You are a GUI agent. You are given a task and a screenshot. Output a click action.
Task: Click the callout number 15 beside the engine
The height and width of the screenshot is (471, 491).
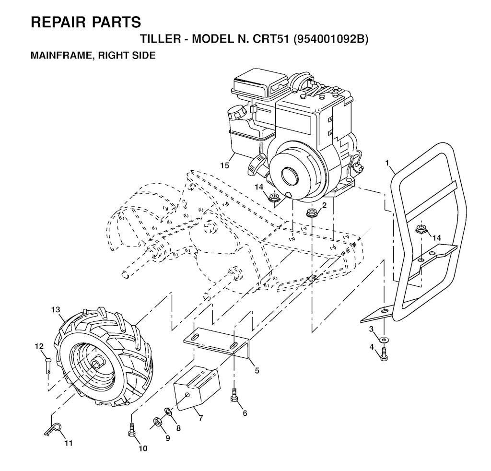(224, 165)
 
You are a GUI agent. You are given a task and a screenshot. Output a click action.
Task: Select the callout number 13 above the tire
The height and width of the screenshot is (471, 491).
(56, 310)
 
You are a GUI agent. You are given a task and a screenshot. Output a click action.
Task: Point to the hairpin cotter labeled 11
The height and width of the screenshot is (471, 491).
(54, 429)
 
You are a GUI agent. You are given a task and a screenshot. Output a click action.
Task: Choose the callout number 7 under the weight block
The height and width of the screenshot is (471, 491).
(200, 418)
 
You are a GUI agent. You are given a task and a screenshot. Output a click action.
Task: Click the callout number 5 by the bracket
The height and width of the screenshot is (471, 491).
(257, 371)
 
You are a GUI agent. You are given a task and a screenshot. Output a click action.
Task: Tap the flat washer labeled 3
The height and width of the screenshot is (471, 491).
(384, 339)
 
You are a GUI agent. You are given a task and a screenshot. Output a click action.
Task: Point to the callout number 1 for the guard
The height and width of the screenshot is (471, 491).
(387, 163)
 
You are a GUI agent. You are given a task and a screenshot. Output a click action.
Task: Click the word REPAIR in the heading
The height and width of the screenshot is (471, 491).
(58, 22)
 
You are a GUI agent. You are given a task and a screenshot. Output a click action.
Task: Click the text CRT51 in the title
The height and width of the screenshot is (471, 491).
(269, 39)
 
